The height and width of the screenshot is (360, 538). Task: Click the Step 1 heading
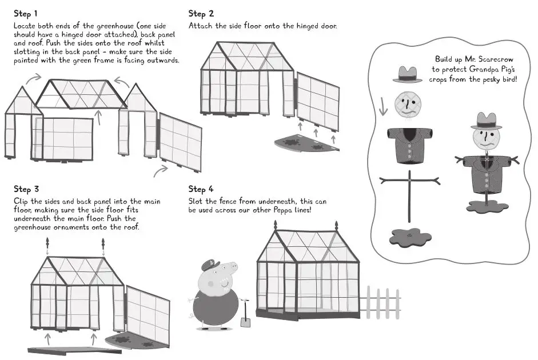click(x=26, y=13)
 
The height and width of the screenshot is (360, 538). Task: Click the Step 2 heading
click(x=201, y=13)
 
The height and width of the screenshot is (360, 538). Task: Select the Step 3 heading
click(x=26, y=189)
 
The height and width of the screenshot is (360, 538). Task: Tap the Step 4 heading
click(x=201, y=189)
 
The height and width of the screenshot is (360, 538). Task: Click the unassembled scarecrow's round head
click(x=407, y=105)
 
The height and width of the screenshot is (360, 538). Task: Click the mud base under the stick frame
click(x=410, y=236)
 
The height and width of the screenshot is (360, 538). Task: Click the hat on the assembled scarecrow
click(x=486, y=121)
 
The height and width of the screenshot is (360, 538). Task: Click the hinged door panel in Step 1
click(x=180, y=142)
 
